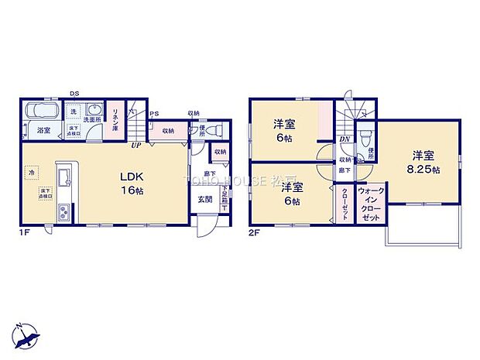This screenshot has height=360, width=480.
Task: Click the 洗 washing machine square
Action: (x=73, y=112)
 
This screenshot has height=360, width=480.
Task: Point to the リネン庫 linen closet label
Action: (x=115, y=120)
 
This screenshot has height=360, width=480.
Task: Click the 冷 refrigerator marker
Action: (x=33, y=173)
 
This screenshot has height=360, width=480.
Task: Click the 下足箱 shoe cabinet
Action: (x=225, y=199)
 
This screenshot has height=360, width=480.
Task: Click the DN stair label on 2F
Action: (x=344, y=139)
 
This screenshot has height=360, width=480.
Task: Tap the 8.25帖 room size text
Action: (x=426, y=169)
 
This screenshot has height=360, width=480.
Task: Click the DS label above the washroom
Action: (x=74, y=94)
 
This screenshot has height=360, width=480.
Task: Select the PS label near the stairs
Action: (x=155, y=114)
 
